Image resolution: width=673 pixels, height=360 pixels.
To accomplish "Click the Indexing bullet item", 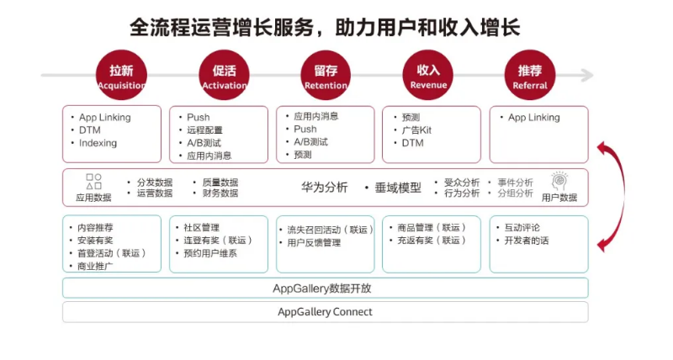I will coord(98,143).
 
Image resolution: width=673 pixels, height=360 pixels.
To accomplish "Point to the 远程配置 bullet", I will coord(204,130).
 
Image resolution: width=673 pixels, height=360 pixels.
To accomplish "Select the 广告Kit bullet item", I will coord(416,130).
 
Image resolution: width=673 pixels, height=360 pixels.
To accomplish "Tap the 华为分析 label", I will coord(325,188).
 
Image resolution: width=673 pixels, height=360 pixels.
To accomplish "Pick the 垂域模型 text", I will coord(398,188).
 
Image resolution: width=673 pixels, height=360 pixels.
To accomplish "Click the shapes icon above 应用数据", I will coord(93,181).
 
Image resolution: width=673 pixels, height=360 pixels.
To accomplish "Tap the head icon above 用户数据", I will coord(559,180).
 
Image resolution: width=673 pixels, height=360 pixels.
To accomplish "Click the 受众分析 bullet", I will coord(462,182).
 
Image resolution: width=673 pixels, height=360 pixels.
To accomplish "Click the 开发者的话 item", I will coord(526,241).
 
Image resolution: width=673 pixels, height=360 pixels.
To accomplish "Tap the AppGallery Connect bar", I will coord(325,312).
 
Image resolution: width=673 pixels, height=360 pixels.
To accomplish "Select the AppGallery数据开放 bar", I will coord(325,289).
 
